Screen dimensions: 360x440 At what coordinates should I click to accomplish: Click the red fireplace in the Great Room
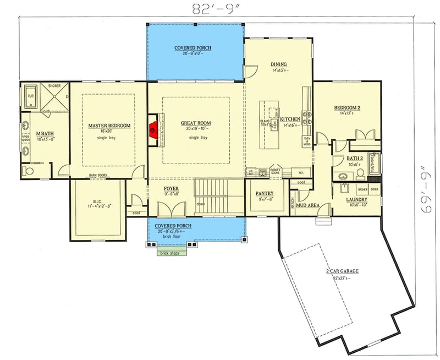tap(155, 130)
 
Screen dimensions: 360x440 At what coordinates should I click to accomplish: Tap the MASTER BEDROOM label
tap(109, 126)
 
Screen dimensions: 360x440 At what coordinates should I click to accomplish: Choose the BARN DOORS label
tap(98, 176)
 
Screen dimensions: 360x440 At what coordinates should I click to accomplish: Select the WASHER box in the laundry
tap(362, 189)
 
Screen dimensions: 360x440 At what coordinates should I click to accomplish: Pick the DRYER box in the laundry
tap(374, 189)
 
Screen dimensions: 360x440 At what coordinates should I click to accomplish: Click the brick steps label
tap(170, 254)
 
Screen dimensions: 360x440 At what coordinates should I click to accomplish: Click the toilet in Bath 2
tap(361, 173)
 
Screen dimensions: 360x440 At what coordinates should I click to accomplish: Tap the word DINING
tap(279, 64)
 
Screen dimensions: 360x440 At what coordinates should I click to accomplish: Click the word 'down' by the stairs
tap(201, 204)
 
